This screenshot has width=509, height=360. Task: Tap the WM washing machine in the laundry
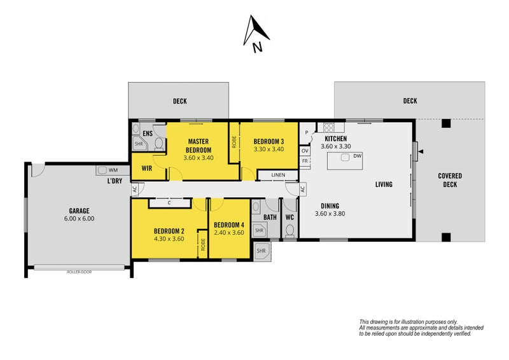click(x=102, y=170)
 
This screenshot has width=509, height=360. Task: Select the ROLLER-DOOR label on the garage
click(x=79, y=272)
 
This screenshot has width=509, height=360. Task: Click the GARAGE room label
click(x=79, y=211)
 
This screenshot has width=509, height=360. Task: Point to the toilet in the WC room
click(x=289, y=231)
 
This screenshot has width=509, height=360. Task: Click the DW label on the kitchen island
click(x=358, y=156)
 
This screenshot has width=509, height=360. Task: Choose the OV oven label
click(x=305, y=151)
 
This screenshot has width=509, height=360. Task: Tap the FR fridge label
click(x=305, y=161)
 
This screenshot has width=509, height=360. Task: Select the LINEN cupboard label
click(x=278, y=175)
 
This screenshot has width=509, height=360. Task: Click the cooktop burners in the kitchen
click(x=328, y=127)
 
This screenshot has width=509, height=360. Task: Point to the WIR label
click(x=147, y=169)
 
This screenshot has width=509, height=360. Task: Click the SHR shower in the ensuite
click(x=139, y=144)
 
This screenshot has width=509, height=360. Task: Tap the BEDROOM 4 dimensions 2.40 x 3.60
click(x=229, y=232)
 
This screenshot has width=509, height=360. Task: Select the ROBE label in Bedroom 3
click(x=234, y=142)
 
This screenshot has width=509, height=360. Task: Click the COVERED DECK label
click(x=450, y=180)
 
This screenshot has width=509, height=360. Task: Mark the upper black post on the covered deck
click(x=447, y=123)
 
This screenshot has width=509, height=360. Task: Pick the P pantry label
click(x=307, y=133)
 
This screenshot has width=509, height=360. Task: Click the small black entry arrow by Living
click(x=421, y=151)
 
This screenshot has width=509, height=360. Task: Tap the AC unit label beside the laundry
click(x=134, y=189)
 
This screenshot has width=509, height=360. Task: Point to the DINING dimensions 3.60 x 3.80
click(x=330, y=214)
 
